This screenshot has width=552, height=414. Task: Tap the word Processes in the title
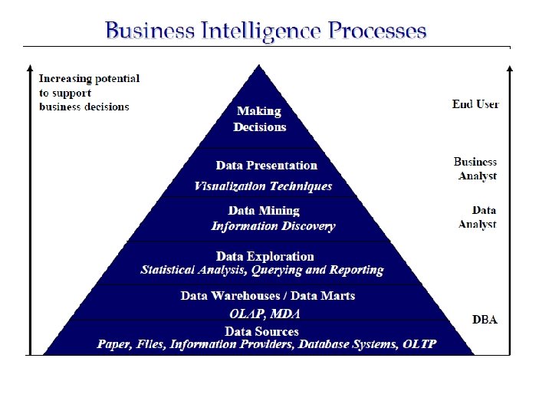pos(377,31)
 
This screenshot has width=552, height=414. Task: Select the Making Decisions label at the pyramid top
pos(260,119)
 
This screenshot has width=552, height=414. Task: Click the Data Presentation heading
pos(266,165)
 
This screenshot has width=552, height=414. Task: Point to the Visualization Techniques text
pos(263,186)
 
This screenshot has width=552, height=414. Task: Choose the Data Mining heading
pos(264,210)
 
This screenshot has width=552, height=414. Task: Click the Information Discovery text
pos(273,226)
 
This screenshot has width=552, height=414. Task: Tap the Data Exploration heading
pos(265,256)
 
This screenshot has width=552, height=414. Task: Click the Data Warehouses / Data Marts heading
pos(268,295)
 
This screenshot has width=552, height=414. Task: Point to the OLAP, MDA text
pos(264,314)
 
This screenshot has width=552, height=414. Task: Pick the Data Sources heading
pos(261,331)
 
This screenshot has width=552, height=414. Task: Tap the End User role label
pos(475,104)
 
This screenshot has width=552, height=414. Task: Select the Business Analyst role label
pos(475,169)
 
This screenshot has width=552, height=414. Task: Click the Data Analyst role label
pos(478,217)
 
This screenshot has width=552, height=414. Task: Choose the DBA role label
pos(485,319)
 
